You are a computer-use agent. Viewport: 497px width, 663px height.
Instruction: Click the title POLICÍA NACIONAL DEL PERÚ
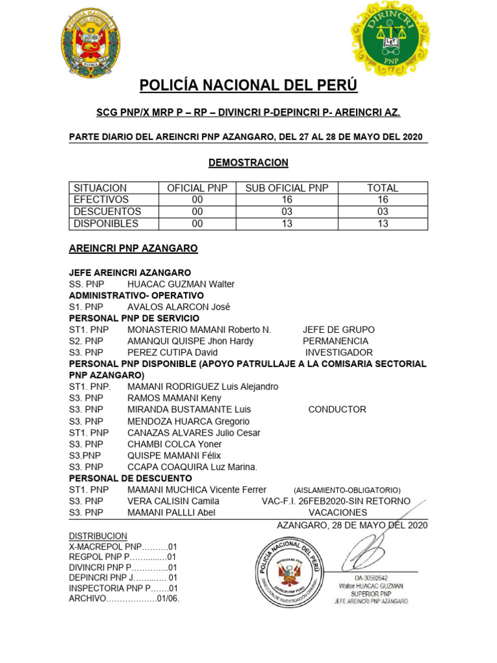(x=248, y=85)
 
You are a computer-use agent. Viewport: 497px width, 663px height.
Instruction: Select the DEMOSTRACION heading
(x=248, y=163)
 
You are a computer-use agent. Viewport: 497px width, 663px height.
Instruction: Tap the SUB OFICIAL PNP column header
(x=287, y=188)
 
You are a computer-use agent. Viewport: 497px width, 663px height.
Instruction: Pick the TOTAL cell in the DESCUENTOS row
(x=382, y=212)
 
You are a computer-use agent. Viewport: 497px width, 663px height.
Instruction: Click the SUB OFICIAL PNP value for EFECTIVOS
(x=287, y=199)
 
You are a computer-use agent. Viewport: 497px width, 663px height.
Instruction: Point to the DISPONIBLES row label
(x=106, y=223)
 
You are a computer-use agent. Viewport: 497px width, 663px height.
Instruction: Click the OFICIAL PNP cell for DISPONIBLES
(x=197, y=223)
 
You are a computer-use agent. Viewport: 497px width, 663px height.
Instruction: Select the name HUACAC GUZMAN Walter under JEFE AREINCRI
(x=181, y=284)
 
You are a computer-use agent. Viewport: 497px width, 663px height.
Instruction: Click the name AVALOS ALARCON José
(x=179, y=307)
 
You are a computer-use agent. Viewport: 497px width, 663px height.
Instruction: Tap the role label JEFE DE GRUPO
(x=338, y=330)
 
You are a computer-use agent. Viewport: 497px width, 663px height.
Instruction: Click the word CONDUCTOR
(x=337, y=409)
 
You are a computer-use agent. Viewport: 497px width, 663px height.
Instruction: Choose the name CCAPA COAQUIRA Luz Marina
(x=192, y=467)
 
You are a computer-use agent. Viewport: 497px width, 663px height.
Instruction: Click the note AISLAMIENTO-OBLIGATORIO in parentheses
(x=347, y=490)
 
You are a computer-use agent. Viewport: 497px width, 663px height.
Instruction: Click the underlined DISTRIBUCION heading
(x=98, y=536)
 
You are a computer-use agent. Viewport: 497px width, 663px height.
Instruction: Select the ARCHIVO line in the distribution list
(x=124, y=598)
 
